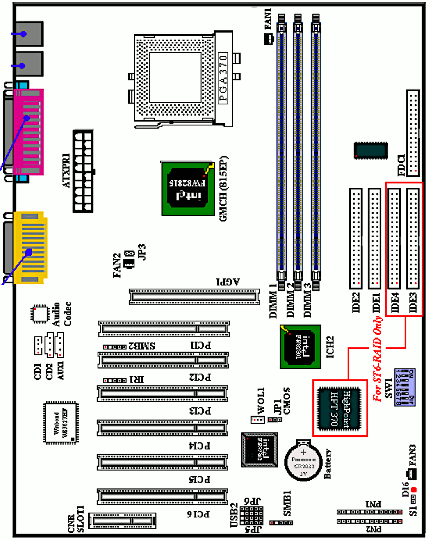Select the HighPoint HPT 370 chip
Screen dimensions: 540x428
[x=340, y=408]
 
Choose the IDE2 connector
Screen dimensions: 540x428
[x=356, y=238]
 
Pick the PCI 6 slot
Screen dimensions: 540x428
[x=161, y=496]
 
